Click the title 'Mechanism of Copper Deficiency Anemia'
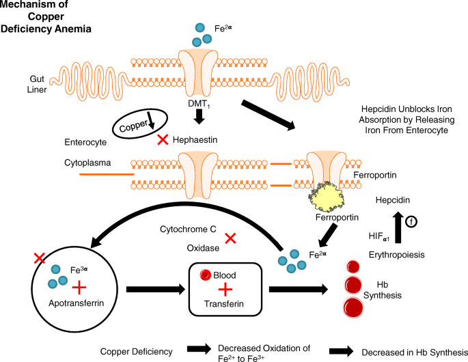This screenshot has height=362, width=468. point(47,17)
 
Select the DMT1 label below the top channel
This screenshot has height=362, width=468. point(197,103)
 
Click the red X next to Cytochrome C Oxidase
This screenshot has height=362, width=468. point(231,238)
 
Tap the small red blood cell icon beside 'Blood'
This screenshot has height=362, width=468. point(203,275)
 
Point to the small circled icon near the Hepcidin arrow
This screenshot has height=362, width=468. point(412,221)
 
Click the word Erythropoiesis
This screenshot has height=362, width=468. point(397,254)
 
